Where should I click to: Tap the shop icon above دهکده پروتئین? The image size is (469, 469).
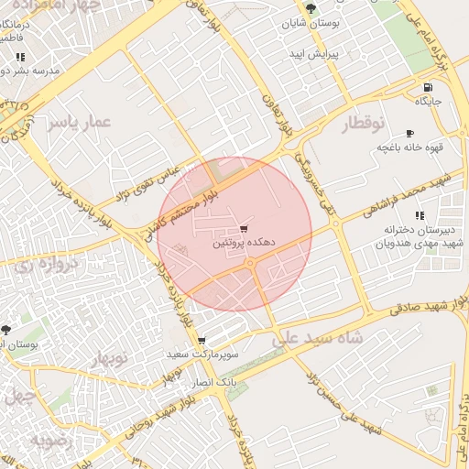[243, 228]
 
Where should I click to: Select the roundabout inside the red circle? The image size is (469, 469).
[250, 263]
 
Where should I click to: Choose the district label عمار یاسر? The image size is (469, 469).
[80, 122]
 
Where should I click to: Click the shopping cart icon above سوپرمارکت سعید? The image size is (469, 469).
[202, 341]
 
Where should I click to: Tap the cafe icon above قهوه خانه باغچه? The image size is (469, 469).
[409, 132]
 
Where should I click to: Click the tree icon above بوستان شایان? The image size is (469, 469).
[311, 7]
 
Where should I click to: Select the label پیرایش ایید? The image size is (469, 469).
[314, 54]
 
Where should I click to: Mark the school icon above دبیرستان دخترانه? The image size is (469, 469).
[418, 216]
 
